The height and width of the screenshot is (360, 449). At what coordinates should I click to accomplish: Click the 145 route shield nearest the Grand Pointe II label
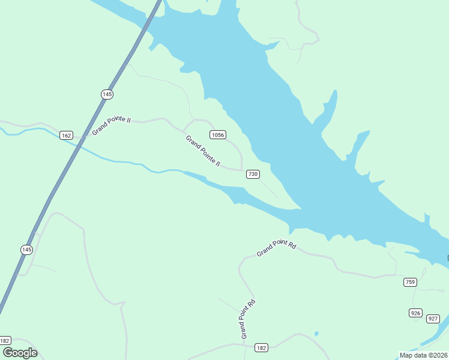click(107, 94)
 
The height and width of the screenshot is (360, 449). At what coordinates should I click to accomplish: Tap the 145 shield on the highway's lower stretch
click(26, 250)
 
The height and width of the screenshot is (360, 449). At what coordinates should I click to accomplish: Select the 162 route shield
click(67, 136)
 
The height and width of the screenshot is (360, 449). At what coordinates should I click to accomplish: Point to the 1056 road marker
click(217, 135)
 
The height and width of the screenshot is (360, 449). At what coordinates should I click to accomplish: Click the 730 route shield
click(252, 174)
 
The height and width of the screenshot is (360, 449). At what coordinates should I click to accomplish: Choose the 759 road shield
click(410, 282)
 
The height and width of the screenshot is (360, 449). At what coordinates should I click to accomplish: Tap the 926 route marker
click(415, 313)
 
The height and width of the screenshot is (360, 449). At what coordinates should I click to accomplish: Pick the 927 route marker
click(433, 319)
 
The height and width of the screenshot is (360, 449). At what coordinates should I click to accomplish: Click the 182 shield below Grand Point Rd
click(261, 348)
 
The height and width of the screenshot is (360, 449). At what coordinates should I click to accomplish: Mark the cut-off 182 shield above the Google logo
click(5, 340)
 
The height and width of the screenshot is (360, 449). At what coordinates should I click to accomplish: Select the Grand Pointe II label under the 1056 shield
click(203, 151)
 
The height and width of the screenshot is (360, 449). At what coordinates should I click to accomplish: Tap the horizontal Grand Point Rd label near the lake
click(277, 249)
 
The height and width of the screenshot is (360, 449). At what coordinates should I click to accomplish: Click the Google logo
click(19, 353)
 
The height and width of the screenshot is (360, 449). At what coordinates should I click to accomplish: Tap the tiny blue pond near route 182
click(316, 334)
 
